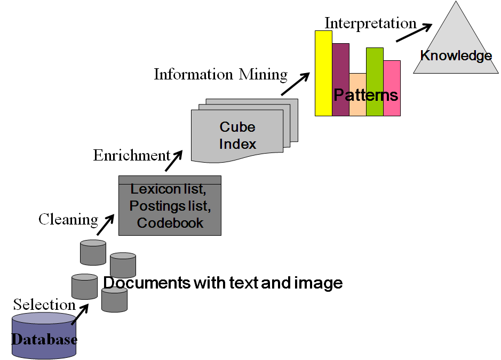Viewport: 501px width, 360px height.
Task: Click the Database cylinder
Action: [44, 336]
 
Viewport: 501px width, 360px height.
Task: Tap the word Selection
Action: [44, 305]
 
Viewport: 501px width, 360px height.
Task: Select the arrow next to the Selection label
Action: [80, 315]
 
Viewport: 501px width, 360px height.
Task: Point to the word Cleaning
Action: [68, 219]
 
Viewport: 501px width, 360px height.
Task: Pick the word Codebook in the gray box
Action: [170, 223]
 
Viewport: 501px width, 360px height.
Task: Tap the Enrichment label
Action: [131, 155]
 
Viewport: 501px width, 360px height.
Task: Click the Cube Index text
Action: [238, 135]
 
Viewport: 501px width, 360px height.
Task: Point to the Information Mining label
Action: [220, 74]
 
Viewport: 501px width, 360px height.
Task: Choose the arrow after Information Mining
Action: [295, 84]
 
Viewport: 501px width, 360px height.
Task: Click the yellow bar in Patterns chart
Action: [323, 72]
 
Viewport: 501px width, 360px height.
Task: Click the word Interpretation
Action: [370, 23]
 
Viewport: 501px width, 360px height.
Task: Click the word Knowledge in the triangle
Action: [456, 55]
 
